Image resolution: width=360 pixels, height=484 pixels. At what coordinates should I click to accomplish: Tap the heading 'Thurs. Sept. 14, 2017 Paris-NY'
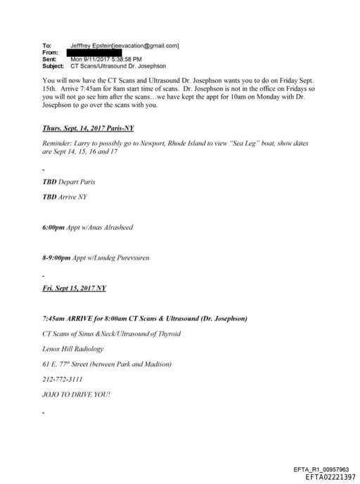(x=88, y=129)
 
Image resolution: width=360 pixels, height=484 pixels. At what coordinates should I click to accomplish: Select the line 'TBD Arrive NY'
(x=65, y=197)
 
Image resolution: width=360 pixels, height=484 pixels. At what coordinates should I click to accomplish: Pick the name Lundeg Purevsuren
(x=121, y=257)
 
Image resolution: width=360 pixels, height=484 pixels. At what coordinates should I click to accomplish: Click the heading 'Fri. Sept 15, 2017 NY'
(x=75, y=288)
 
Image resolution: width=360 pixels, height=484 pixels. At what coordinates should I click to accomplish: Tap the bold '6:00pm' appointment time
(x=54, y=227)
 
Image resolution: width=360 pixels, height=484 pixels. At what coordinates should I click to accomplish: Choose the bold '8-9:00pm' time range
(x=58, y=257)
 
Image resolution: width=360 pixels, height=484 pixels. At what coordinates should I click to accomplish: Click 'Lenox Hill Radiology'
(x=74, y=349)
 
